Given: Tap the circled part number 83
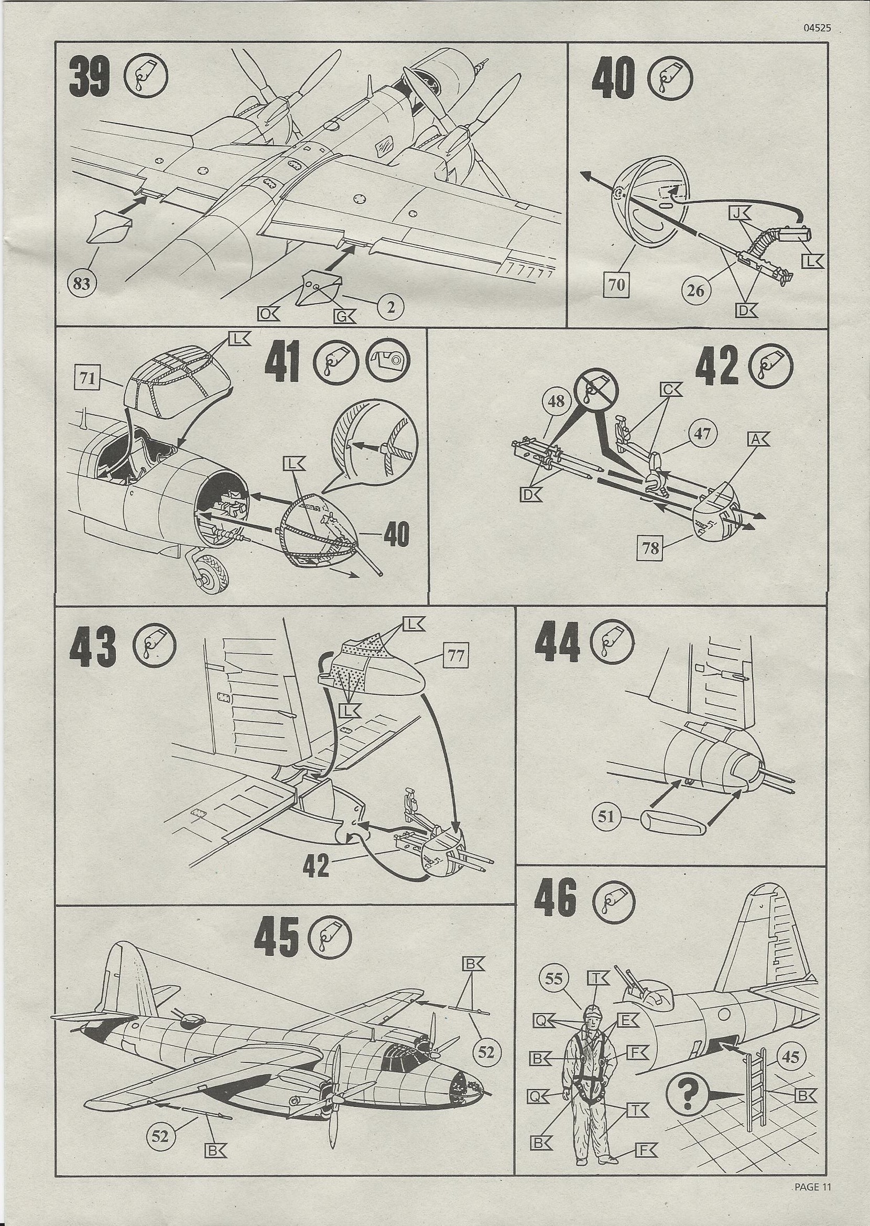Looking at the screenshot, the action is (82, 284).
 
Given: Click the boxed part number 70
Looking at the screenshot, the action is (617, 286).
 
